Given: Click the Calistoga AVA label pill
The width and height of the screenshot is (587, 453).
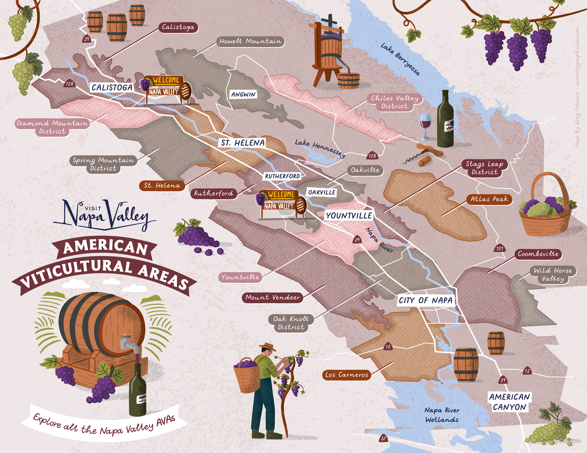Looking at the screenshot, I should [x=178, y=27].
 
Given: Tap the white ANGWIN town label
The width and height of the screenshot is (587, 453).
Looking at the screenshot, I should [x=243, y=94].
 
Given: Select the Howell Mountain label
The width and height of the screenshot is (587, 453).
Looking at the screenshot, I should [x=250, y=41].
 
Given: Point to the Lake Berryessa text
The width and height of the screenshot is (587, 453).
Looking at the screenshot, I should [x=400, y=59].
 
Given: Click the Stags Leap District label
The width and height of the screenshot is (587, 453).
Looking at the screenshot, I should [x=484, y=168].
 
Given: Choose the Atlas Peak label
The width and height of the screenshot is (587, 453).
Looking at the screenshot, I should [x=489, y=199].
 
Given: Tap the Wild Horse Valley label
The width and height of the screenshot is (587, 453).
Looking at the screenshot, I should [x=553, y=274].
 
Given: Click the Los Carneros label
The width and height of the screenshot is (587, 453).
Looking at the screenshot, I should [x=346, y=374].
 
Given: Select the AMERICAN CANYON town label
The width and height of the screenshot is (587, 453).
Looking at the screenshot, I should [x=509, y=402].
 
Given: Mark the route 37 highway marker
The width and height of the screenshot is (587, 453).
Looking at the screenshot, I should [x=383, y=439].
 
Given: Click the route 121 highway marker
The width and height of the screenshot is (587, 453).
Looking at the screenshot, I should [x=499, y=248].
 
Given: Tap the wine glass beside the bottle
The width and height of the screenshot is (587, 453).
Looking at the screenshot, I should [x=425, y=126].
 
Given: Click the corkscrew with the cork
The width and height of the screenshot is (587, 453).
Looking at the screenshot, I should [x=423, y=154].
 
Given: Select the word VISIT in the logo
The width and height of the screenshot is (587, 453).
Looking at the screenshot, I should [x=93, y=208].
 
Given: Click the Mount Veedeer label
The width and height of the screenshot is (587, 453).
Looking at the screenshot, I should [x=273, y=297].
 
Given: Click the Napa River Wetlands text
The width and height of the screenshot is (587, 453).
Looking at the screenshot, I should [x=442, y=415].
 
